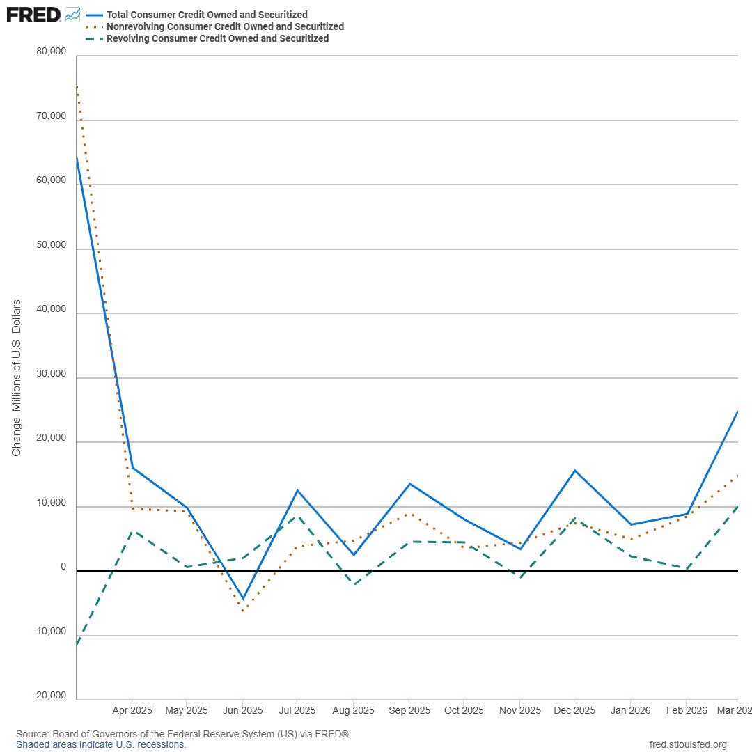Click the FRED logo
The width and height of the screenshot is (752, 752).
coord(33,15)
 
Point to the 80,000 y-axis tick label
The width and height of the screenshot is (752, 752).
coord(52,52)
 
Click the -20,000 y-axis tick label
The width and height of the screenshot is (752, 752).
coord(50,696)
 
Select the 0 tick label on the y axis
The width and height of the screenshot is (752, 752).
coord(63,566)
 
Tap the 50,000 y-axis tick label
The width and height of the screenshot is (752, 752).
coord(52,244)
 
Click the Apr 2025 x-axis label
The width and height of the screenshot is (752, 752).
coord(132,710)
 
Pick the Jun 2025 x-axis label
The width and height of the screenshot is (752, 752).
coord(243,710)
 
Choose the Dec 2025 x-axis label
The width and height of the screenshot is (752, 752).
coord(574,710)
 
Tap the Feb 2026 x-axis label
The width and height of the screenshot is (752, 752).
coord(687,710)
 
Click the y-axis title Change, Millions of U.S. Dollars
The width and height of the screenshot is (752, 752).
coord(16,378)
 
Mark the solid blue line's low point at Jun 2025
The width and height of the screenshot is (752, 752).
coord(243,599)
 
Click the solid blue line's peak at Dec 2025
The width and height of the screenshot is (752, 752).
coord(574,471)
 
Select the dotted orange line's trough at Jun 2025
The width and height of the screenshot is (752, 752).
coord(243,611)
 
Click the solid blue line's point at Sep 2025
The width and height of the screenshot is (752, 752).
coord(409,483)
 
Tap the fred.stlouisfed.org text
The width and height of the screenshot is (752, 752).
coord(688,744)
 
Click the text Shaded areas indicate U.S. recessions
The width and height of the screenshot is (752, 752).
coord(101,744)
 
